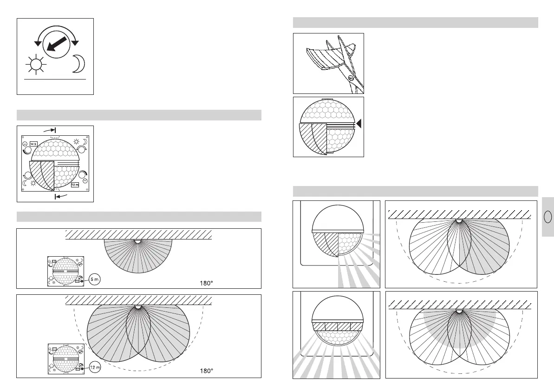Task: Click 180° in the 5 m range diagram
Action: click(x=206, y=282)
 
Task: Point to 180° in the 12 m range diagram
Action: click(x=206, y=371)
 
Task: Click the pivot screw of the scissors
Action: click(x=351, y=79)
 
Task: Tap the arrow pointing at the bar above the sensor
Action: click(x=50, y=131)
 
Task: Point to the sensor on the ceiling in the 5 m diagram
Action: click(x=137, y=241)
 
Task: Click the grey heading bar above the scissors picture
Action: click(x=415, y=23)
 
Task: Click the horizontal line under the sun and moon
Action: click(x=55, y=80)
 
